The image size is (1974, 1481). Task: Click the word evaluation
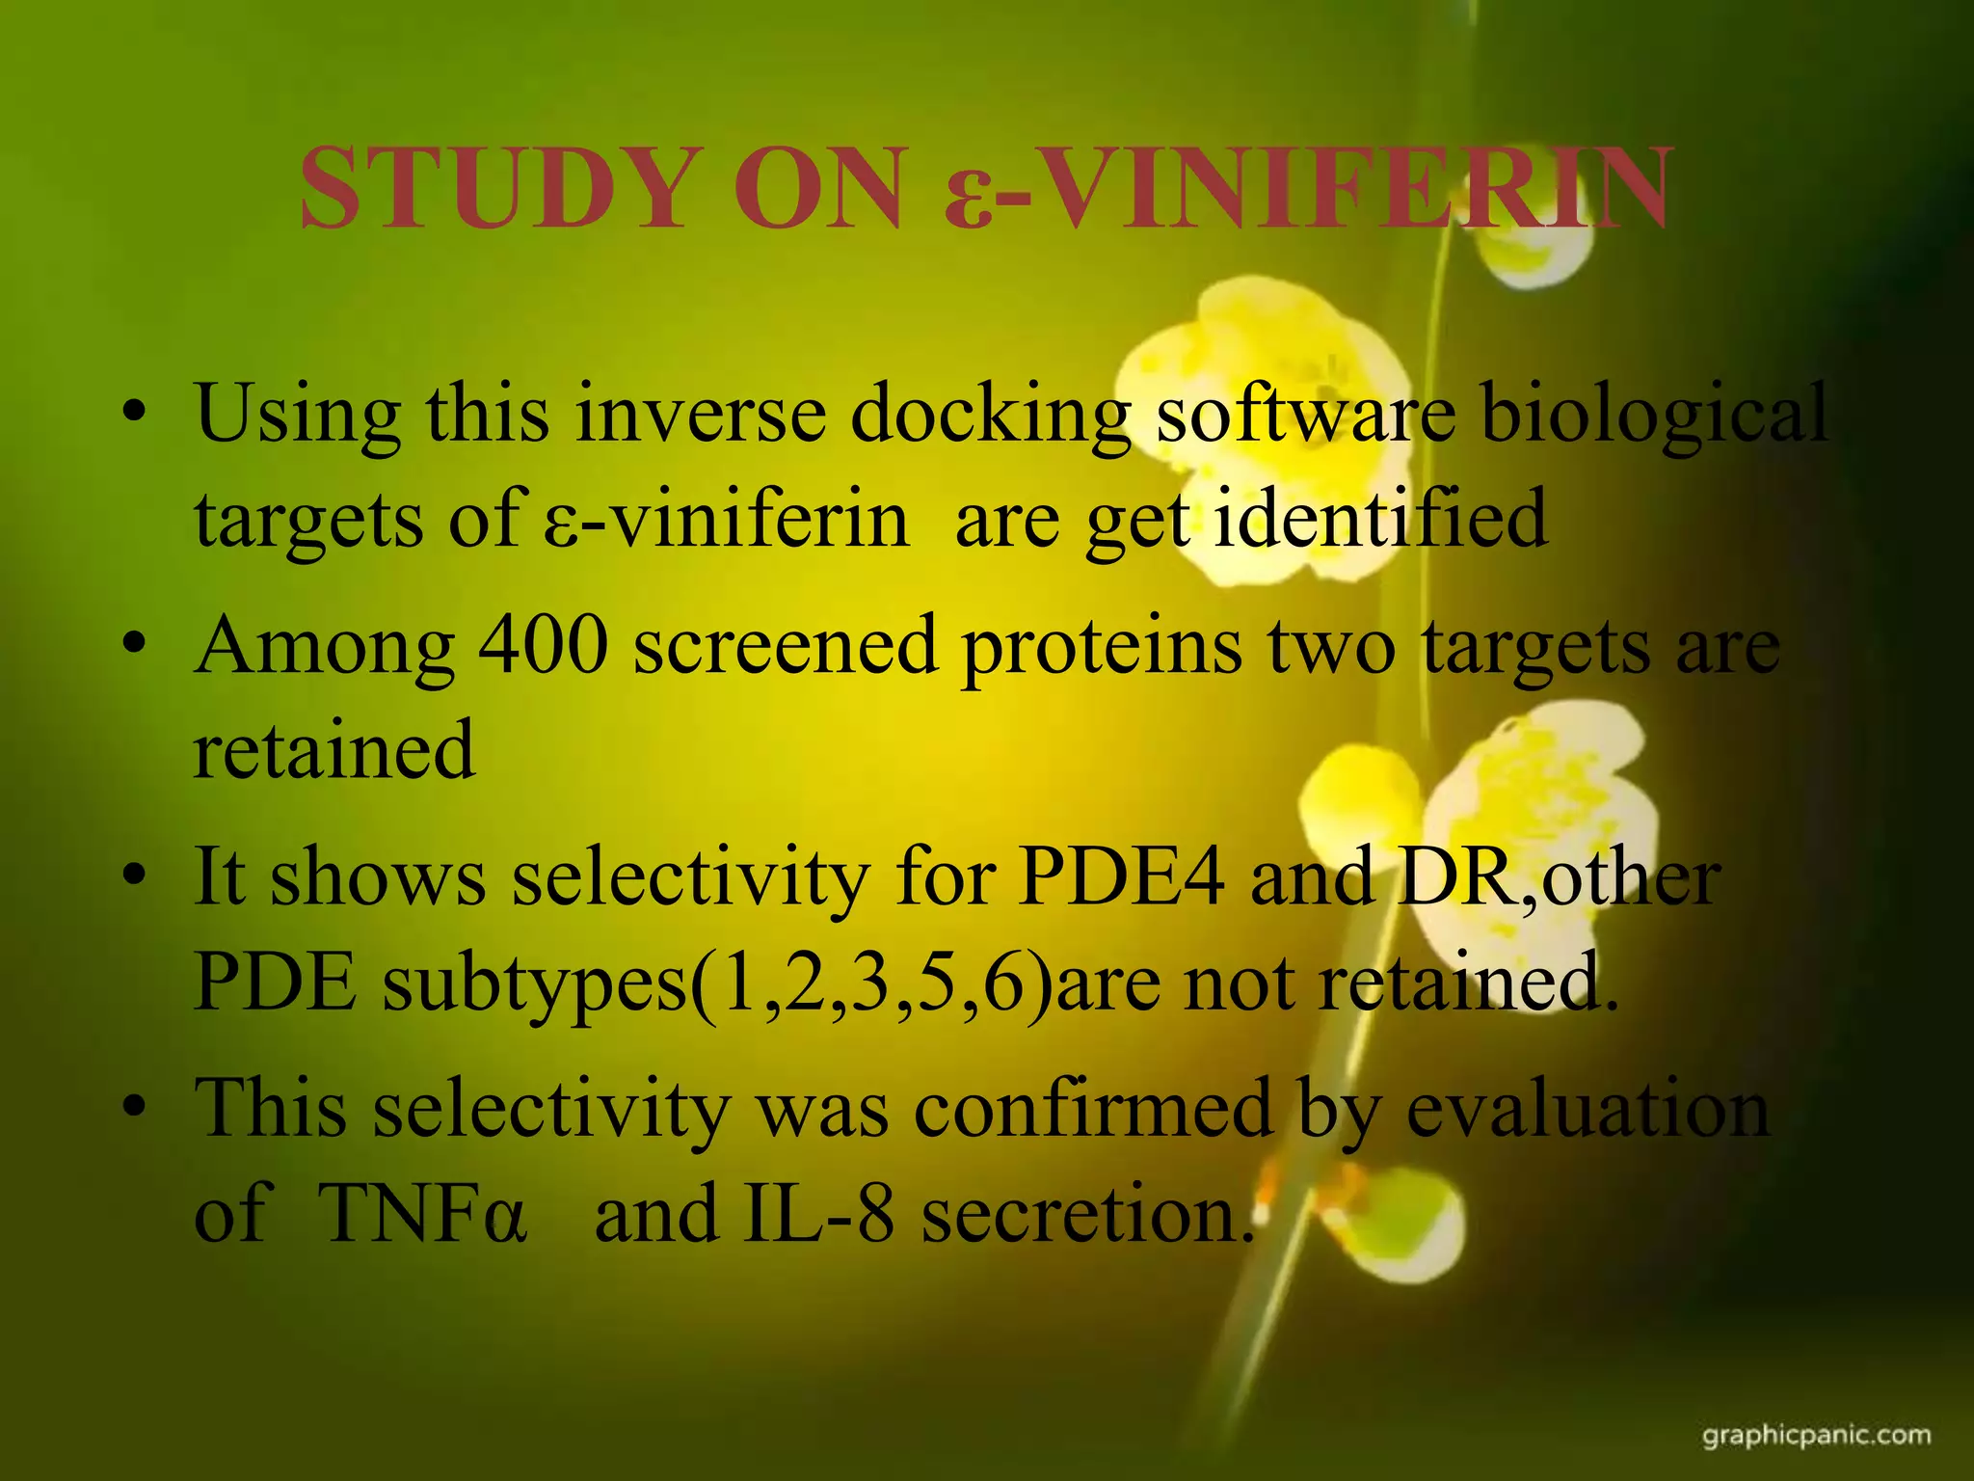pyautogui.click(x=1587, y=1109)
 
